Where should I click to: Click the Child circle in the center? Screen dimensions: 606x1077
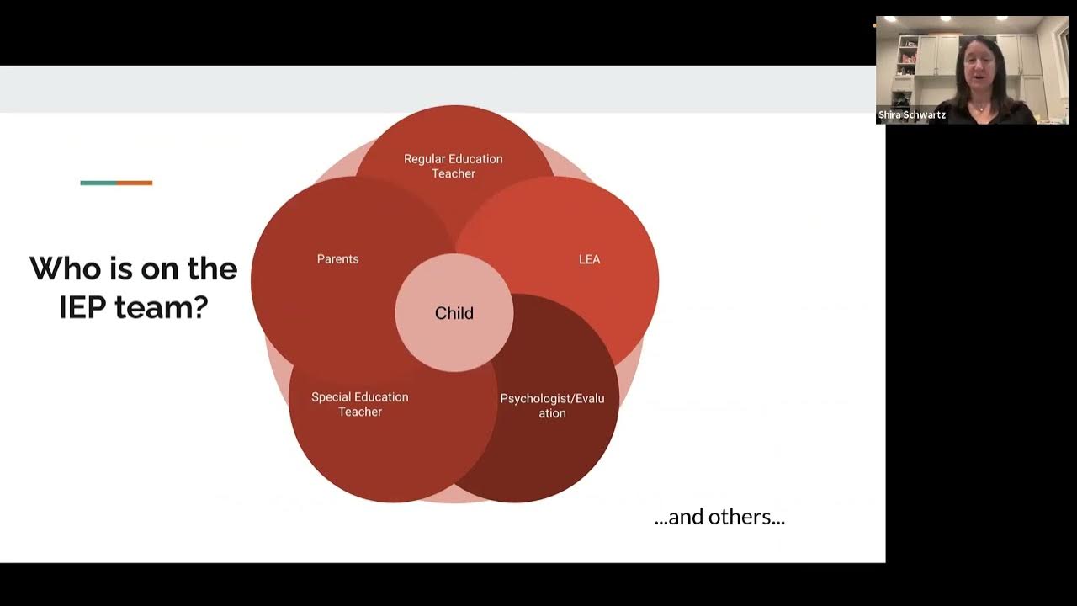click(x=454, y=313)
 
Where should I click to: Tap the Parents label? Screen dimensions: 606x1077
click(x=337, y=259)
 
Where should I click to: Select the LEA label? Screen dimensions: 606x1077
click(x=589, y=259)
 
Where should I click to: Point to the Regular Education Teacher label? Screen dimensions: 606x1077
click(x=454, y=166)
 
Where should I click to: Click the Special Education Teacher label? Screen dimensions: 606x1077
click(x=360, y=404)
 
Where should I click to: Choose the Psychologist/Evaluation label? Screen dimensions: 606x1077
click(x=552, y=406)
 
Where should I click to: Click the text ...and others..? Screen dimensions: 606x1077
click(x=719, y=517)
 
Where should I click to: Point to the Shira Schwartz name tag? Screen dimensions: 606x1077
click(x=912, y=115)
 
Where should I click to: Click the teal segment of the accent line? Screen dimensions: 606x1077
click(x=98, y=183)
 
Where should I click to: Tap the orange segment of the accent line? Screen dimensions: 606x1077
click(x=135, y=183)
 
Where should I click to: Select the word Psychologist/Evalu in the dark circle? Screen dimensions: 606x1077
click(x=552, y=398)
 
